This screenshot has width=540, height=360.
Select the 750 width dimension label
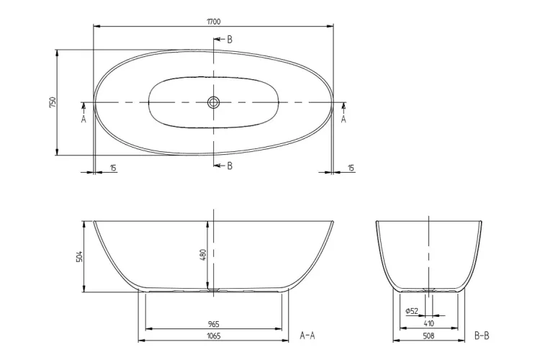point(52,102)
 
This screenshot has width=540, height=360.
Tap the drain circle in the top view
point(213,103)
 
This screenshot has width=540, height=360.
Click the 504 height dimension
point(79,256)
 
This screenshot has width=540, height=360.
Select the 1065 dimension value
point(213,336)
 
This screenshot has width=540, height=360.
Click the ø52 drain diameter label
point(413,311)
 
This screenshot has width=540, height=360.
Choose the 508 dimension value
point(428,336)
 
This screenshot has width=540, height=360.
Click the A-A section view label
point(307,336)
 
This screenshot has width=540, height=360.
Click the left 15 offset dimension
point(114,168)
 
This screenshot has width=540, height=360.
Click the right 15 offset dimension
point(351,168)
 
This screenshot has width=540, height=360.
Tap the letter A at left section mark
point(84,120)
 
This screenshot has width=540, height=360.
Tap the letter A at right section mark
point(343,120)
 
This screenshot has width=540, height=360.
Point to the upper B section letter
point(230,40)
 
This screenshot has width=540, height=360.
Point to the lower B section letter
point(230,166)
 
